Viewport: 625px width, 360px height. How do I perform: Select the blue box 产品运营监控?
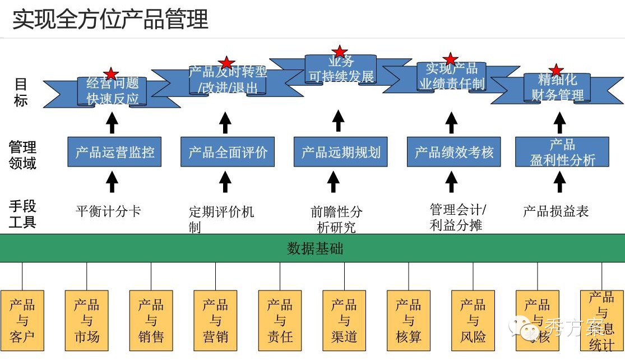(x=114, y=151)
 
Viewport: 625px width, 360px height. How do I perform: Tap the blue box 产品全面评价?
(x=228, y=151)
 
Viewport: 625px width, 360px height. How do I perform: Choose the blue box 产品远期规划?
(x=341, y=151)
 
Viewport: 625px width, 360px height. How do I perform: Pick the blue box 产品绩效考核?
(x=453, y=151)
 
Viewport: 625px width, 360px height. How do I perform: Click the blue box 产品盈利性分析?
(x=562, y=151)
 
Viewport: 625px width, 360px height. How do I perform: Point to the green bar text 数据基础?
(x=315, y=248)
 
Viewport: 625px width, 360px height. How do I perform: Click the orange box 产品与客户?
(x=22, y=321)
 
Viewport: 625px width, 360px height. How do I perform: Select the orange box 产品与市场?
(x=86, y=321)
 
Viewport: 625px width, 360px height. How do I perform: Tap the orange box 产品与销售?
(x=151, y=321)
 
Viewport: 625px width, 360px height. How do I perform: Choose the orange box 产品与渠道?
(x=344, y=321)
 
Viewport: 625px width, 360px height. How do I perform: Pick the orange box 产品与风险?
(x=473, y=321)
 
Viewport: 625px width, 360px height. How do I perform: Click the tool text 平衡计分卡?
(x=108, y=211)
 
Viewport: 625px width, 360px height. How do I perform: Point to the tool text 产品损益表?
(x=555, y=211)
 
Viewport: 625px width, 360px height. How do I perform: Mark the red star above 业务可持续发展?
(x=340, y=52)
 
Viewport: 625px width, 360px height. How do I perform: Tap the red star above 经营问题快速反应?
(x=112, y=73)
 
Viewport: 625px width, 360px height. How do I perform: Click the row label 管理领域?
(x=22, y=155)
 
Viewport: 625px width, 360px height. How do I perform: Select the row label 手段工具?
(x=22, y=214)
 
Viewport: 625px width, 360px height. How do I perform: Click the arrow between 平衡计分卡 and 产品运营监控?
(x=112, y=182)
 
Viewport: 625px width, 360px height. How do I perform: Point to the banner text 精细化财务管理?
(x=557, y=87)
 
